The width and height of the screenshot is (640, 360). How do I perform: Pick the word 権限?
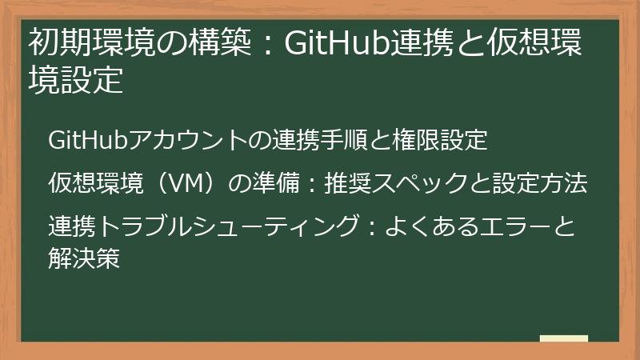coord(415,141)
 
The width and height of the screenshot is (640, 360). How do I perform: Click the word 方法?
coord(566,183)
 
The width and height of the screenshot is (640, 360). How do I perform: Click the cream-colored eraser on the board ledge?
coord(563,338)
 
